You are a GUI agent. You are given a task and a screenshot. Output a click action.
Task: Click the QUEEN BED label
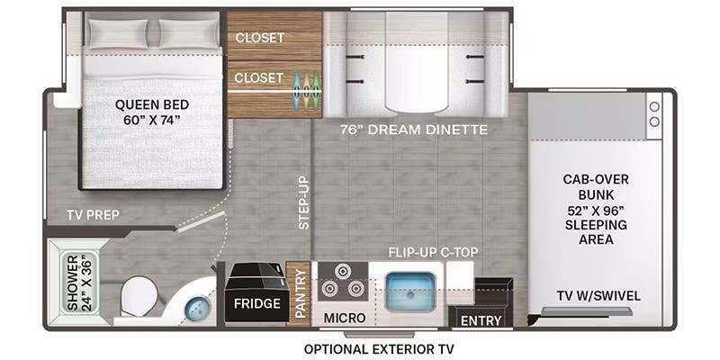(151, 104)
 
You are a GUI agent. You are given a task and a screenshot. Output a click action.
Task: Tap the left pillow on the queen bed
(119, 33)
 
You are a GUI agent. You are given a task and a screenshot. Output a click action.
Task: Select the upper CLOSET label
(259, 38)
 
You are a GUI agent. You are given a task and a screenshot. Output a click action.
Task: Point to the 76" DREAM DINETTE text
(414, 130)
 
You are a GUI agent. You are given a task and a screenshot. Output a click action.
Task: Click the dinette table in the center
(417, 62)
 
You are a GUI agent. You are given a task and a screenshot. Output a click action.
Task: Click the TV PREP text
(93, 215)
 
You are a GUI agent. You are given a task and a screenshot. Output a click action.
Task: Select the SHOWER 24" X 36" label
(80, 283)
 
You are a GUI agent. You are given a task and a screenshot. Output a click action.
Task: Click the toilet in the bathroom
(138, 297)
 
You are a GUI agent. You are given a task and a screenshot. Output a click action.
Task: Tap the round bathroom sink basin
(197, 308)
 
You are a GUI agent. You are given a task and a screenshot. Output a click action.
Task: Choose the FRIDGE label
(256, 303)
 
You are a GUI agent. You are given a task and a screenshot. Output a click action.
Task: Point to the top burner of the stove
(342, 272)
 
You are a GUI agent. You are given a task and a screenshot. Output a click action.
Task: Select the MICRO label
(345, 318)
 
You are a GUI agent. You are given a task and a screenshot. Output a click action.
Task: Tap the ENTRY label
(481, 320)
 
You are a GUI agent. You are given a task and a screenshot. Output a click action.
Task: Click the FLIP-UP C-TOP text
(433, 252)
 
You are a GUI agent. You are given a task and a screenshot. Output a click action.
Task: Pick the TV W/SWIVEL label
(598, 296)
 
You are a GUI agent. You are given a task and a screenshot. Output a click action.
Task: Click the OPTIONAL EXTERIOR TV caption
(378, 349)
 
